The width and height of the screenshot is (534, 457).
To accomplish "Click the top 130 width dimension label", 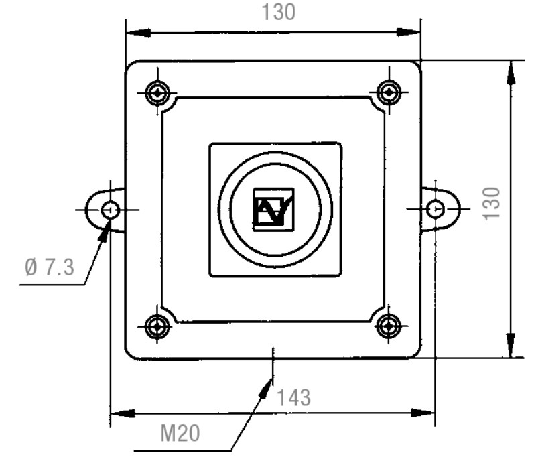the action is (x=278, y=12).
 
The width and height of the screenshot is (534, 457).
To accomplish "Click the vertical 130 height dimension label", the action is (x=492, y=204).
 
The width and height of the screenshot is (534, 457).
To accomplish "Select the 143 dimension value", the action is (x=293, y=397).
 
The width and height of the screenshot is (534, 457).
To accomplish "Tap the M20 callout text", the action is (x=180, y=433).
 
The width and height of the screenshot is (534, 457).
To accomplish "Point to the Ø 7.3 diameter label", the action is (x=50, y=267).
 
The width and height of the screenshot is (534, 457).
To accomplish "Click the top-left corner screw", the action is (x=157, y=92).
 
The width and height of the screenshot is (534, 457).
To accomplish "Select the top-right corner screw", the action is (x=389, y=92).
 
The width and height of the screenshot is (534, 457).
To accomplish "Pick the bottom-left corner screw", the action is (x=157, y=326).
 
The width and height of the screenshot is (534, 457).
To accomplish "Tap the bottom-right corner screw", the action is (x=389, y=326).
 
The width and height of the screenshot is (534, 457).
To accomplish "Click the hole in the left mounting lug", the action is (x=111, y=210).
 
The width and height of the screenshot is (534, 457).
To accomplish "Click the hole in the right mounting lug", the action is (x=436, y=209).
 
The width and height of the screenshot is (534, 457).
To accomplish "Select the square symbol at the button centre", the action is (x=273, y=210).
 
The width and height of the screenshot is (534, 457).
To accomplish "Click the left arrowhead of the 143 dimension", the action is (x=123, y=413).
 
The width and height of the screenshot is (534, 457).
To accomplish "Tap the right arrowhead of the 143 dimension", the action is (x=423, y=413).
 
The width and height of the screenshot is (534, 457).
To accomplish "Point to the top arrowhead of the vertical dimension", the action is (x=511, y=72).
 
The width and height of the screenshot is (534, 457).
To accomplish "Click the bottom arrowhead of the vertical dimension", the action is (x=511, y=345).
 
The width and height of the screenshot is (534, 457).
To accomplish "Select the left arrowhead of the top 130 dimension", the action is (x=138, y=33).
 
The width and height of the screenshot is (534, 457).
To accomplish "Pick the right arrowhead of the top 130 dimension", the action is (x=409, y=32).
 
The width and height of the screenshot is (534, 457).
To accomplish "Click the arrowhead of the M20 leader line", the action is (x=265, y=388).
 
